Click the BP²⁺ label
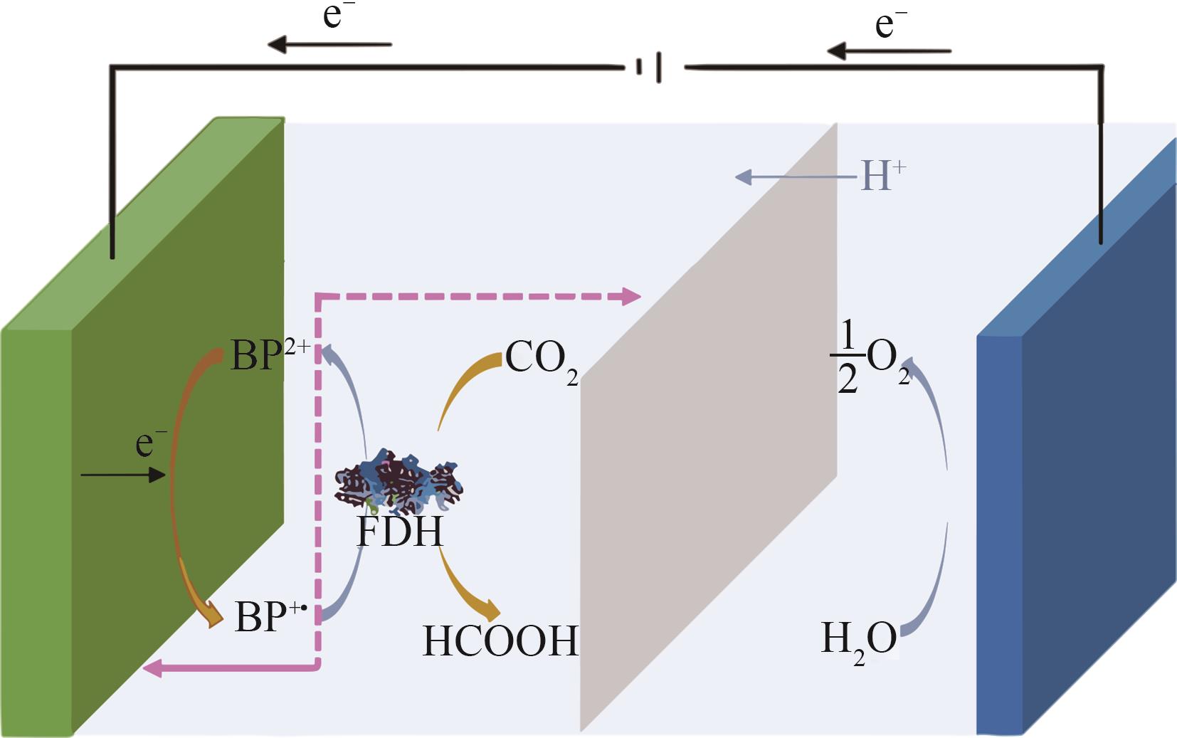pyautogui.click(x=269, y=354)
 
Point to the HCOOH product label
pyautogui.click(x=500, y=641)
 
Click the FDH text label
pyautogui.click(x=399, y=532)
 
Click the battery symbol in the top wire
pyautogui.click(x=650, y=68)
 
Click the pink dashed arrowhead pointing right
pyautogui.click(x=630, y=296)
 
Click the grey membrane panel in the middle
pyautogui.click(x=708, y=427)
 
